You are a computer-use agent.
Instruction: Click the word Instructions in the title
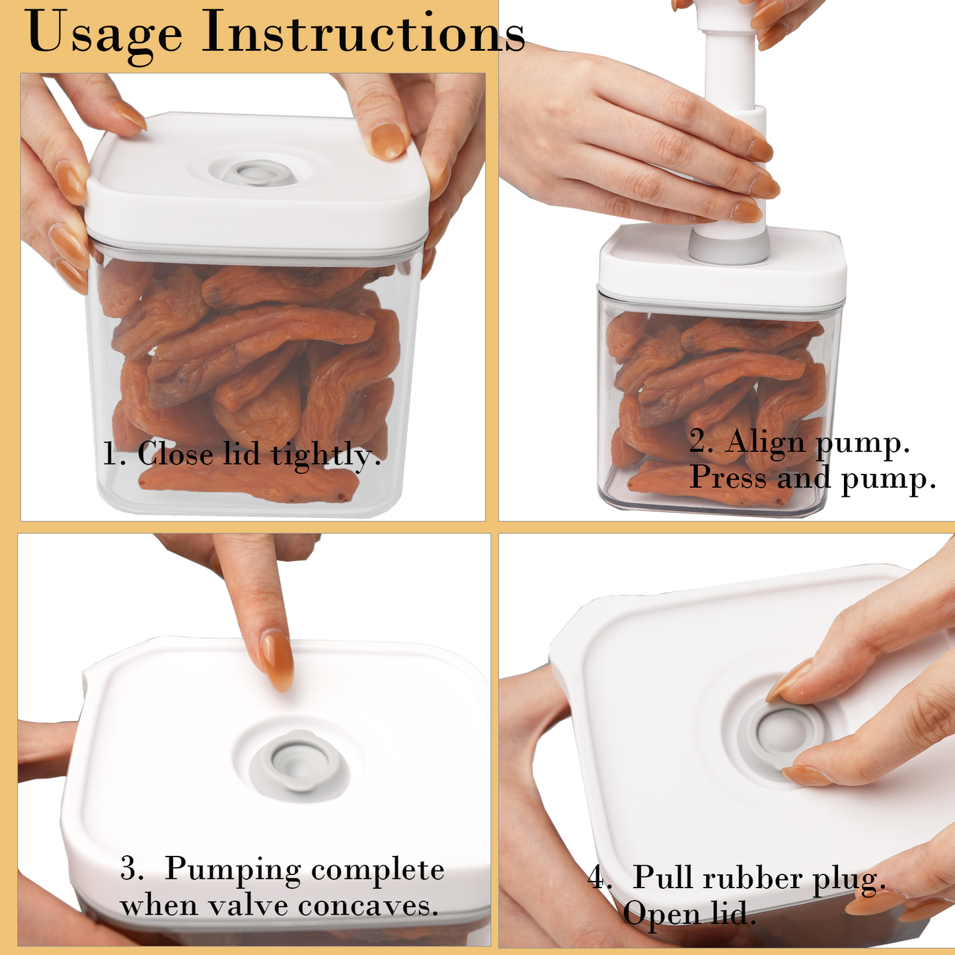click(x=363, y=33)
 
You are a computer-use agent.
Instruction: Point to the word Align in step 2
click(x=765, y=442)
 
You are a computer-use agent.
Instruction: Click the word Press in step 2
click(x=728, y=477)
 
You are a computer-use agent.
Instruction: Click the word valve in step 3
click(x=249, y=905)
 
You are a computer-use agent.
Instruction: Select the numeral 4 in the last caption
click(x=597, y=878)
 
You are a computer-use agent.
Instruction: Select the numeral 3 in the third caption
click(x=130, y=869)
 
